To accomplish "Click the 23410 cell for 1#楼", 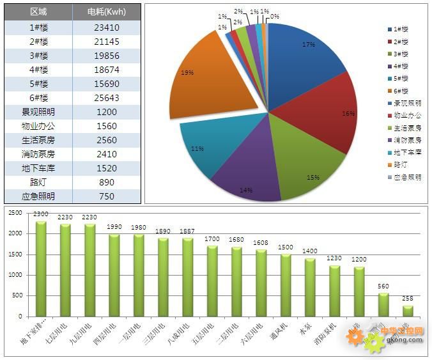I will click(x=106, y=27).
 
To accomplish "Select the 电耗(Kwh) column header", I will click(x=106, y=12).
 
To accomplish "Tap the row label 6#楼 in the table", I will click(x=38, y=98).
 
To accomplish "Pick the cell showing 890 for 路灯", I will click(x=106, y=182).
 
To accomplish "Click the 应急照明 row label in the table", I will click(x=38, y=196).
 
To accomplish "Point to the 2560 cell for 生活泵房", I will click(x=106, y=140).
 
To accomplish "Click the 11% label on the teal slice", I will click(x=197, y=149).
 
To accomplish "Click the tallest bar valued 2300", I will click(x=41, y=269).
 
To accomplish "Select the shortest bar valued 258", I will click(x=408, y=311).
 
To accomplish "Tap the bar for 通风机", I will click(x=286, y=285).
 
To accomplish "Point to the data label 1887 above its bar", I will click(x=187, y=231).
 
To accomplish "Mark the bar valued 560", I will click(x=383, y=304).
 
